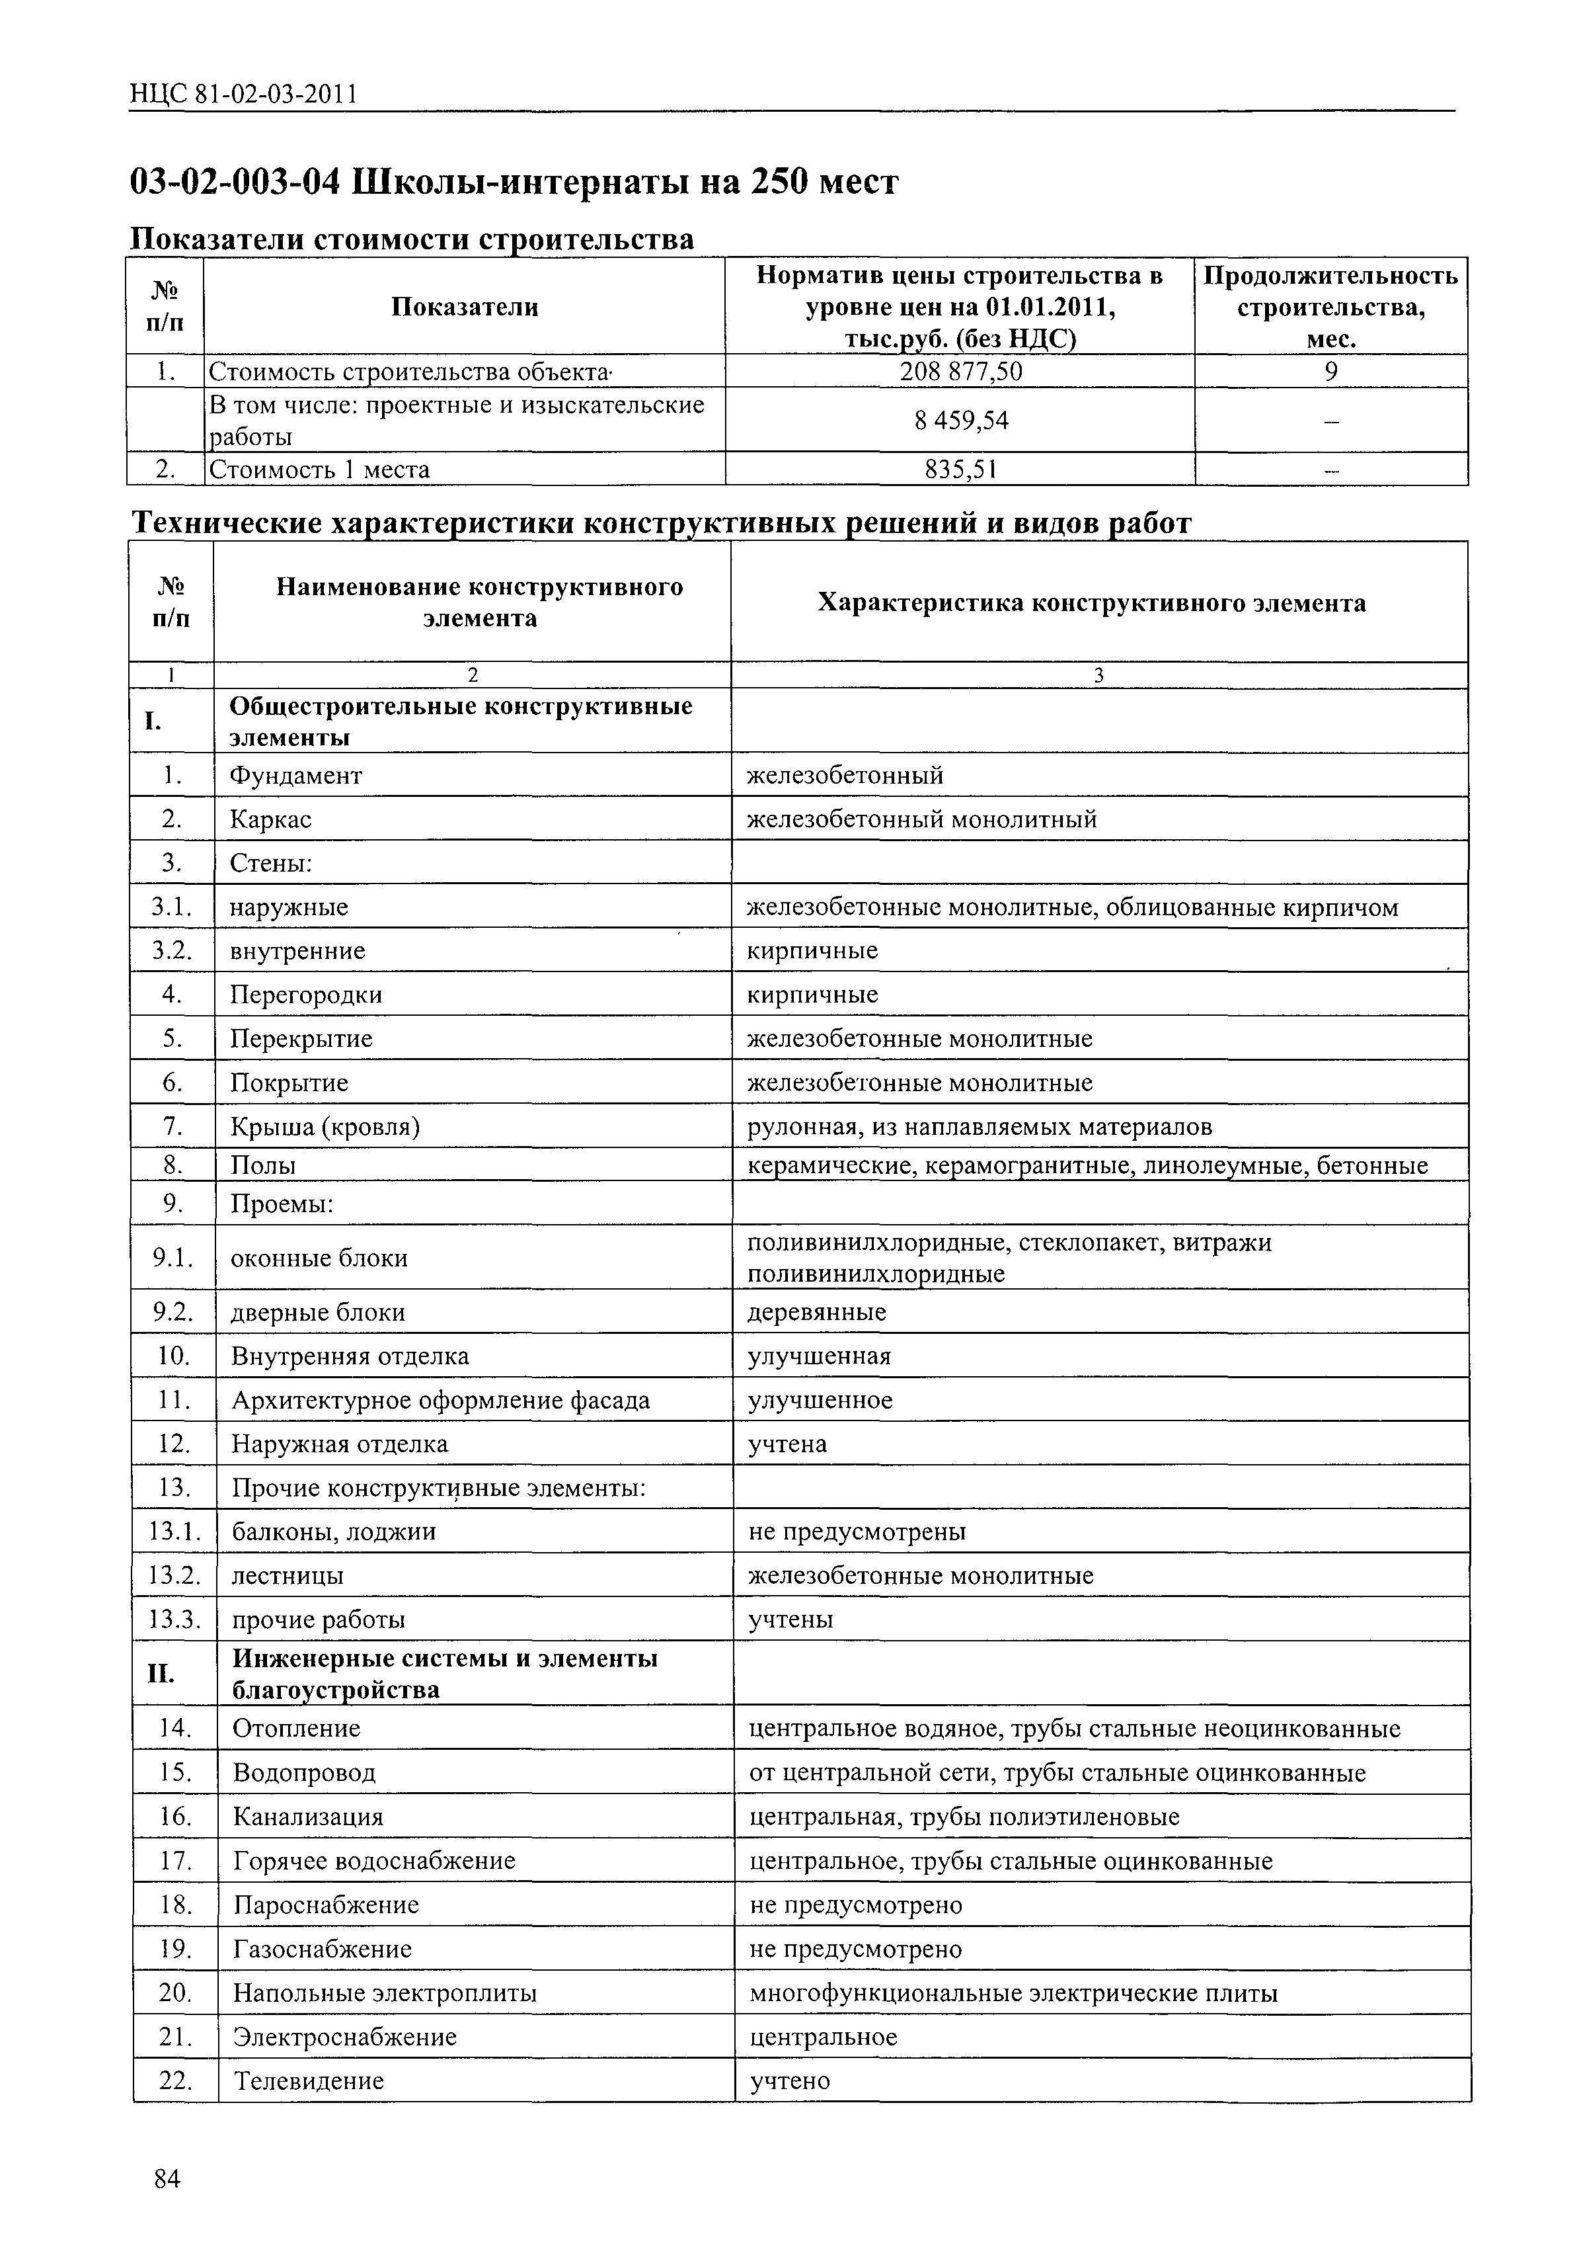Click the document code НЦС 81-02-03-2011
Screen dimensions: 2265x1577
point(243,94)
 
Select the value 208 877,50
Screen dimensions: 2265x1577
point(960,371)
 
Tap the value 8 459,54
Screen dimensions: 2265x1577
point(960,420)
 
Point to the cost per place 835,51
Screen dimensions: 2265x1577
point(960,470)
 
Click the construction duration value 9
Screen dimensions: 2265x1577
point(1330,371)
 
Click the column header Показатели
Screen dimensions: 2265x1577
point(465,307)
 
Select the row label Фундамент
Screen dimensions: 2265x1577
point(296,775)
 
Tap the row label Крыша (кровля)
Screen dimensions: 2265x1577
point(325,1127)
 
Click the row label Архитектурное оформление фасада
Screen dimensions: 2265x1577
point(440,1401)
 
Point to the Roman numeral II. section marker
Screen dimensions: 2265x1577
point(161,1674)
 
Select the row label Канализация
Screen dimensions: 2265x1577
point(308,1817)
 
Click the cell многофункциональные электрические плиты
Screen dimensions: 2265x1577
point(1013,1994)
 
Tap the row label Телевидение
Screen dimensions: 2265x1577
point(309,2082)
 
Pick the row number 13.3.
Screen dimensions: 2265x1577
point(174,1620)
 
